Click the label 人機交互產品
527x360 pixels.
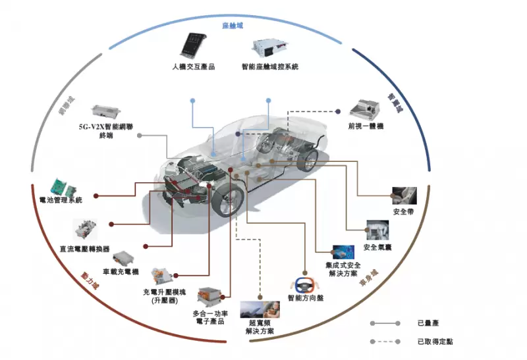(x=194, y=66)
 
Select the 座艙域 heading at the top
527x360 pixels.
(x=233, y=26)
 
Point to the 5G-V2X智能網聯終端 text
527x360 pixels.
(x=105, y=130)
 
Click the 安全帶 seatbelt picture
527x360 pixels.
(x=404, y=195)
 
